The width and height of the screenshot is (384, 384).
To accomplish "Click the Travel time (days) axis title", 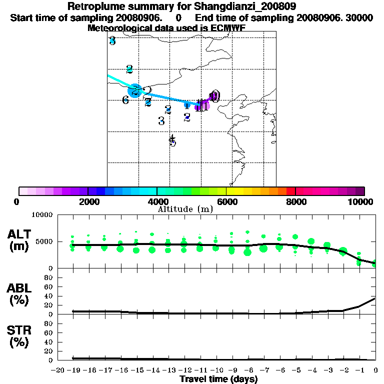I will [x=218, y=379].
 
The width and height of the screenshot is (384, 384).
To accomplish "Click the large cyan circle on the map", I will [x=134, y=90].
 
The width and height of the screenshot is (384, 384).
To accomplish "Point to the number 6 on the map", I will [x=125, y=100].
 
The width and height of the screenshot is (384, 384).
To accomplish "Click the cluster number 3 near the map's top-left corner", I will [x=112, y=41].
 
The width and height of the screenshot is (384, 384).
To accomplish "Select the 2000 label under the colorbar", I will [x=88, y=202].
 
